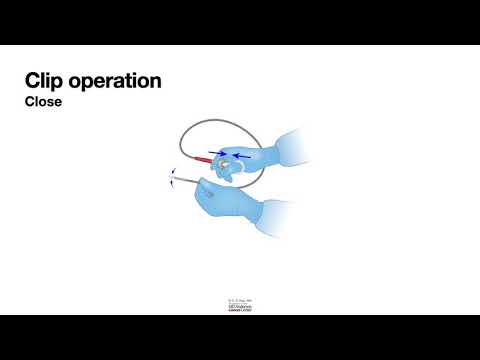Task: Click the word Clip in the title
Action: (44, 80)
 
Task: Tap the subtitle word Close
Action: (43, 101)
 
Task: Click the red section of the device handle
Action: (205, 159)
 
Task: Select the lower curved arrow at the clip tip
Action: (172, 185)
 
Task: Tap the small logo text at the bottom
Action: (239, 303)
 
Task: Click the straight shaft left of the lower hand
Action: (185, 179)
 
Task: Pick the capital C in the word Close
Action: (30, 101)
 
